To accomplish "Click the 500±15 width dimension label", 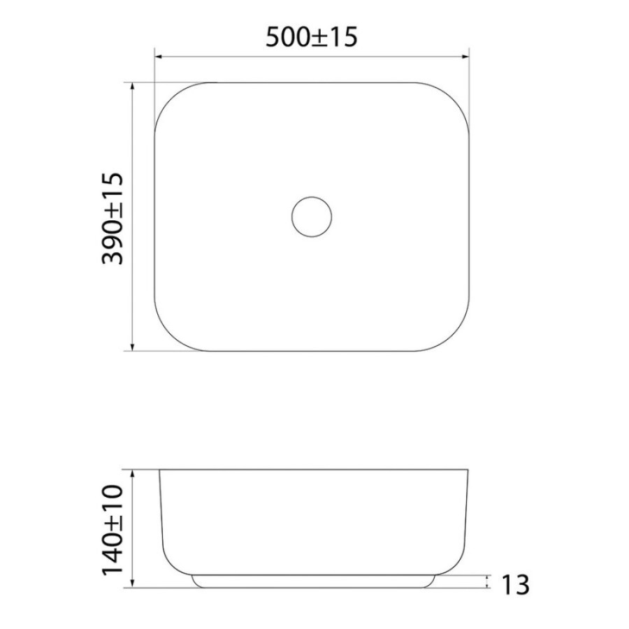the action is click(311, 37).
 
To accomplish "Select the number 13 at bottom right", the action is click(516, 585).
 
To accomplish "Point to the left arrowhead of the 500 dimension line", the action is click(158, 57).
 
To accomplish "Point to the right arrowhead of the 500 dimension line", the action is click(465, 57).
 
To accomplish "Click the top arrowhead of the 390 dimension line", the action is click(133, 86).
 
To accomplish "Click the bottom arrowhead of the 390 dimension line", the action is click(133, 347).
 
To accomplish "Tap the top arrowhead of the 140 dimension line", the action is click(133, 473).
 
